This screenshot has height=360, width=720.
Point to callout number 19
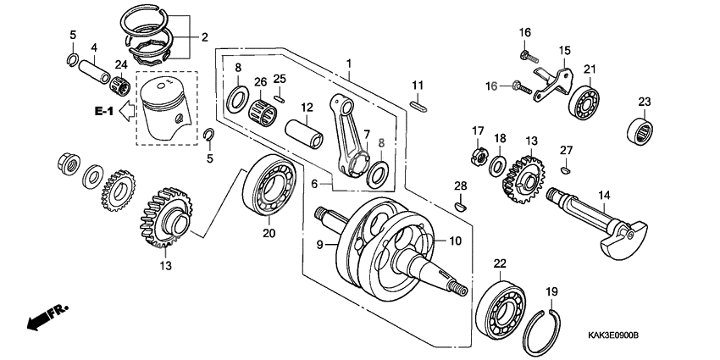point(552,291)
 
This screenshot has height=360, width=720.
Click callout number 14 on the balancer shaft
point(604,195)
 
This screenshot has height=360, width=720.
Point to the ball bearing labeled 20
point(268,186)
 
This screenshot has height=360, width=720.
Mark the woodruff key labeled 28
point(460,204)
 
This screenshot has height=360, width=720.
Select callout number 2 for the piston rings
point(203,37)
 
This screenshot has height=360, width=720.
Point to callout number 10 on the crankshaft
point(455,241)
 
